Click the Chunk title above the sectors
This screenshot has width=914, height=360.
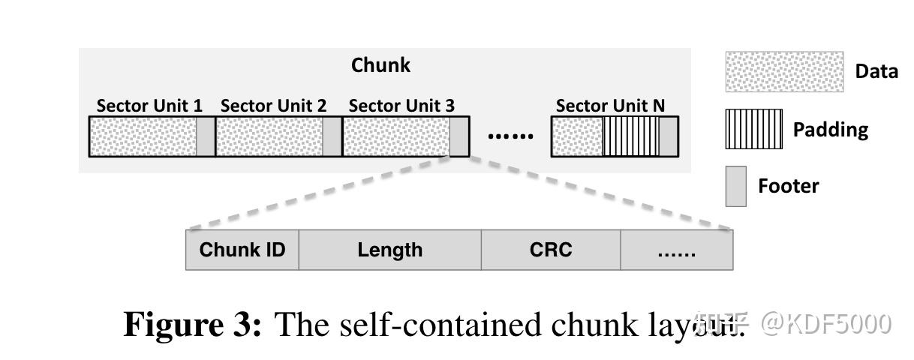coord(380,65)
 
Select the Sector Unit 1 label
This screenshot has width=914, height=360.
coord(149,106)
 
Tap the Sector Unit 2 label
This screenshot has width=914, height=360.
coord(274,106)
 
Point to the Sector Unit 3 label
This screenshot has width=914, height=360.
coord(401,106)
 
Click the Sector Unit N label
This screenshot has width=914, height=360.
coord(610,106)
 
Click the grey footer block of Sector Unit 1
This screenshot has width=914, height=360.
coord(206,136)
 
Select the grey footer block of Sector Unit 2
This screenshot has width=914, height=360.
coord(332,136)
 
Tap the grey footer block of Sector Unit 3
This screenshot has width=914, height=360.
coord(459,136)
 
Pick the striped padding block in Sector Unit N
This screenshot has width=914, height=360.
coord(631,136)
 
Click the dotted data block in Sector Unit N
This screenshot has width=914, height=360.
coord(578,136)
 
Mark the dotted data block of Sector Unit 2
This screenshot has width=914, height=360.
coord(269,136)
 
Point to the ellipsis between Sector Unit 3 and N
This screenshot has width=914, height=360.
coord(510,136)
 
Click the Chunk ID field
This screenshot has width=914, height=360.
coord(242,250)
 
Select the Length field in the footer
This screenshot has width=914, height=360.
coord(389,250)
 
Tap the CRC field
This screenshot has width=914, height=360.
coord(551,250)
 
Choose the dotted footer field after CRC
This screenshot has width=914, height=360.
coord(676,250)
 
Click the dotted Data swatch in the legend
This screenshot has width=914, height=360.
coord(784,71)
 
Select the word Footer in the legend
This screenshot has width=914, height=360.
coord(788,186)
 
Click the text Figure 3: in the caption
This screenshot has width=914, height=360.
coord(192,325)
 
